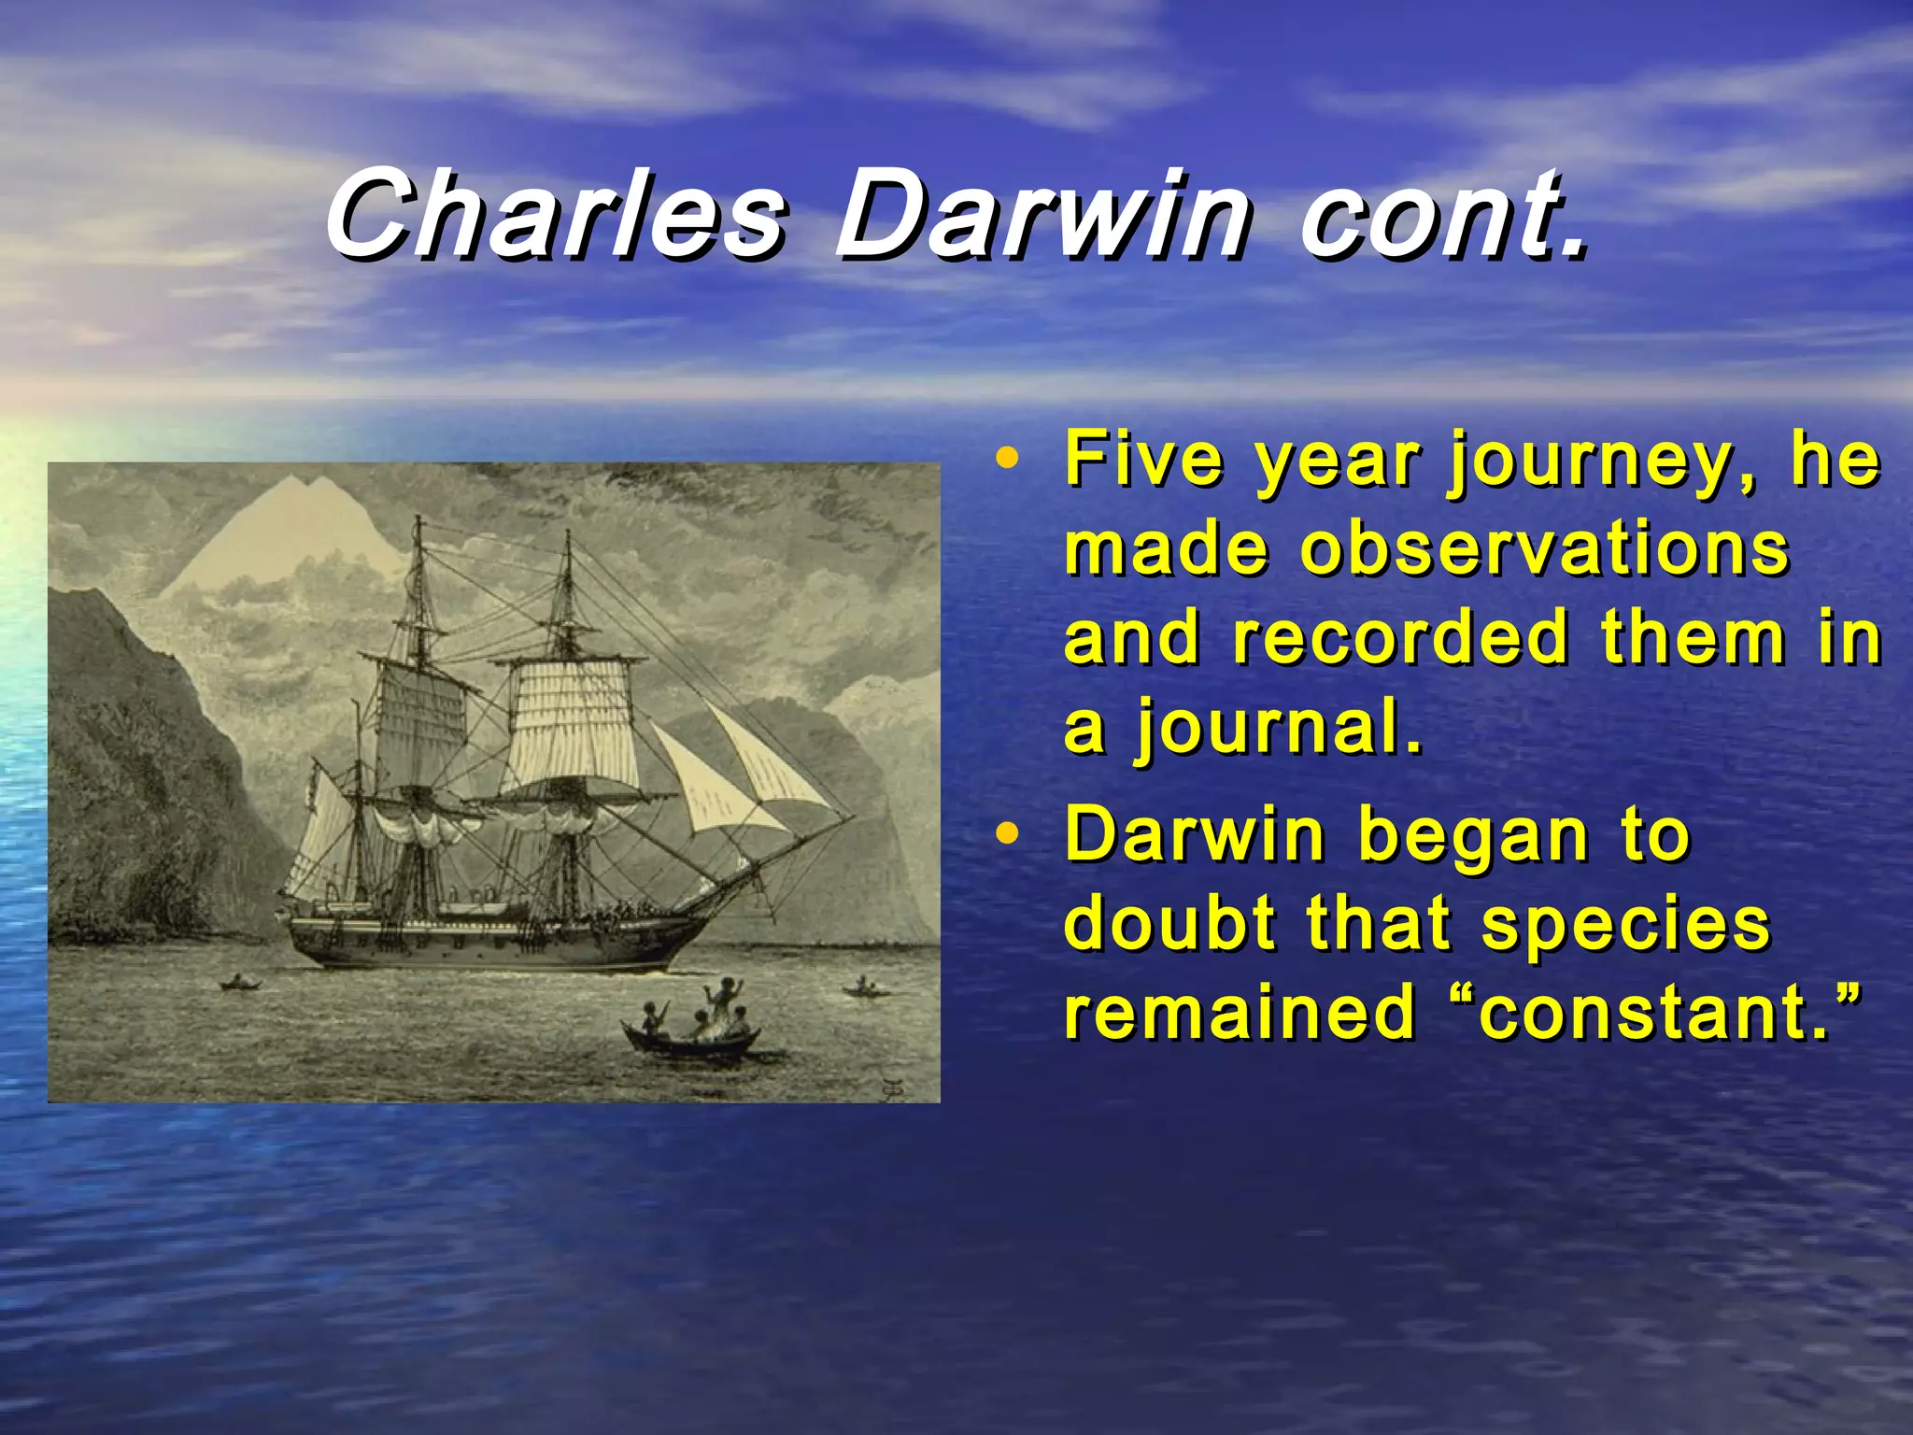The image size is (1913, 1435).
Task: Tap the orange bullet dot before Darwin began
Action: (1005, 834)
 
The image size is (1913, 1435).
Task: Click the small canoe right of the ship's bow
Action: (863, 987)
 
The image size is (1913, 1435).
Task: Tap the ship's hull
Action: (486, 944)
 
